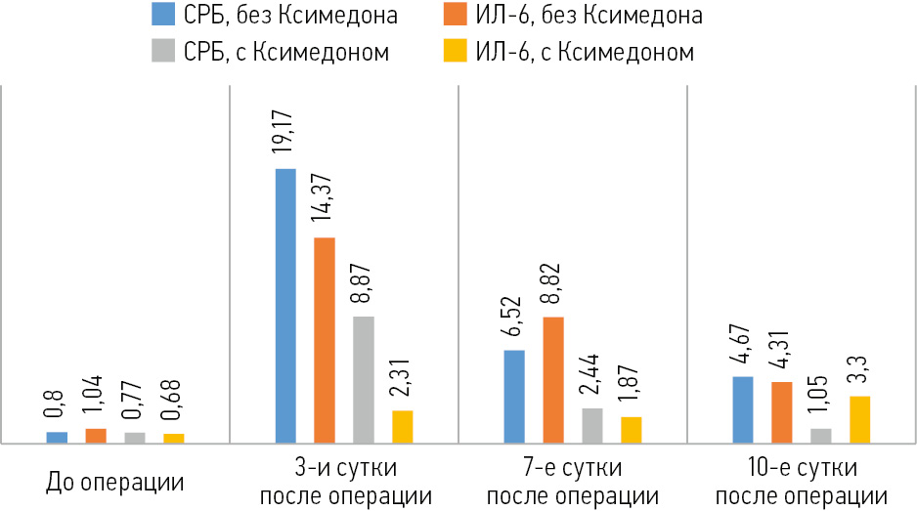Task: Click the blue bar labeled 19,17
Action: pyautogui.click(x=285, y=306)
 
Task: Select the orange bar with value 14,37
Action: pyautogui.click(x=325, y=340)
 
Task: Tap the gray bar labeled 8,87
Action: pyautogui.click(x=363, y=380)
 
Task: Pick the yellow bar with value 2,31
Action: pyautogui.click(x=402, y=427)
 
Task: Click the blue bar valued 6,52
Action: pyautogui.click(x=514, y=397)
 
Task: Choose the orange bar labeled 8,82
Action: pyautogui.click(x=553, y=380)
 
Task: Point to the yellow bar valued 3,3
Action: pyautogui.click(x=860, y=419)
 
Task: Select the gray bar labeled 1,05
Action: pyautogui.click(x=821, y=436)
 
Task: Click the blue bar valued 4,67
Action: pyautogui.click(x=743, y=409)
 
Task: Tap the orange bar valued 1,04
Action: pyautogui.click(x=95, y=436)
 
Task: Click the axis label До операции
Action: pyautogui.click(x=114, y=483)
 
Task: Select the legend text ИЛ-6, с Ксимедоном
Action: pyautogui.click(x=585, y=52)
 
